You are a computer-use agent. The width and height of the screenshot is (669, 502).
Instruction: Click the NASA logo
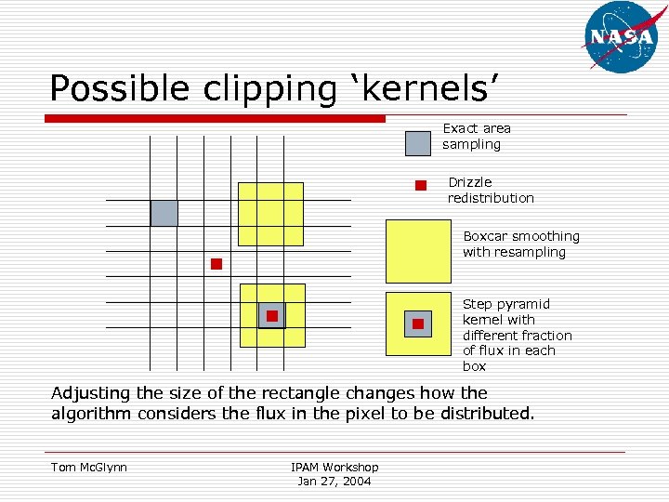click(621, 37)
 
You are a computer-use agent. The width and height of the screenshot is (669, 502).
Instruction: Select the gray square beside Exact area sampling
click(418, 142)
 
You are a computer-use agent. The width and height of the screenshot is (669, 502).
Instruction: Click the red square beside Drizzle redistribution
click(421, 185)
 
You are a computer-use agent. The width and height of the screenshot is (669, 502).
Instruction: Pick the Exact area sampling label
click(476, 136)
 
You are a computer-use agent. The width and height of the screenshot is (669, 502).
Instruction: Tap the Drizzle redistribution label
click(491, 190)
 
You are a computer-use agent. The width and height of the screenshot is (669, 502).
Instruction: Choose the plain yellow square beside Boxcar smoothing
click(418, 251)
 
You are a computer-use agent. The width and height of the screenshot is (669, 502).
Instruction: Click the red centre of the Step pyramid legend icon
click(418, 324)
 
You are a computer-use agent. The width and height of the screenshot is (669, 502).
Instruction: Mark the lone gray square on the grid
click(164, 213)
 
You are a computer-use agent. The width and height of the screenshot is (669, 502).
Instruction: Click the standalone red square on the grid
click(216, 264)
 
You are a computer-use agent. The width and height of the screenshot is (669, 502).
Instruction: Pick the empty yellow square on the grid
click(270, 214)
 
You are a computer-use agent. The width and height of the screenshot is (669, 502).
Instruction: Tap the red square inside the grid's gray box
click(272, 316)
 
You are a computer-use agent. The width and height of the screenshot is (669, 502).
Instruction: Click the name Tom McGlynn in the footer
click(89, 467)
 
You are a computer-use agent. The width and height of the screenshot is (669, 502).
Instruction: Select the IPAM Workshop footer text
click(334, 467)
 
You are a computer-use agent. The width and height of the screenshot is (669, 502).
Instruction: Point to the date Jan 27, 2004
click(334, 481)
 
